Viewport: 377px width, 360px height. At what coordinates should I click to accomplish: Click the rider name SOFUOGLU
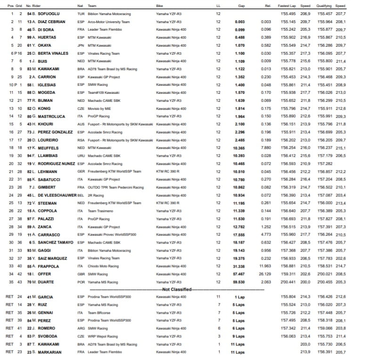(45, 15)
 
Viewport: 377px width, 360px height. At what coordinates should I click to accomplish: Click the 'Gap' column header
(241, 6)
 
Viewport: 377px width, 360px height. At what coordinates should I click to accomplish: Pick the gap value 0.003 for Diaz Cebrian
(240, 22)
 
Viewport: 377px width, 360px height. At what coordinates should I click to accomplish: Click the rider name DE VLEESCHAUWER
(53, 195)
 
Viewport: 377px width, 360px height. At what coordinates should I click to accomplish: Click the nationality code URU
(81, 155)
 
